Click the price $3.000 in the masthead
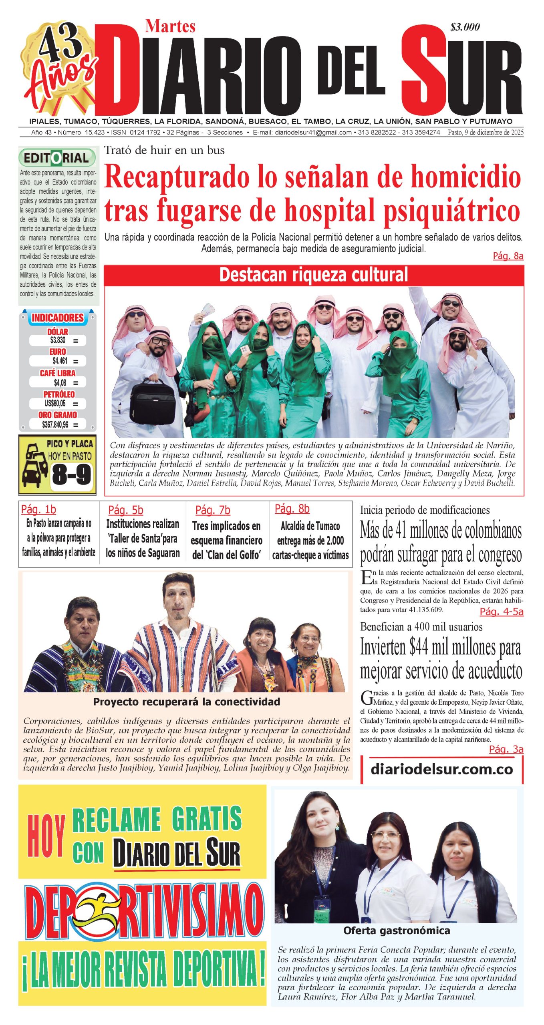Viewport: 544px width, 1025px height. pyautogui.click(x=465, y=27)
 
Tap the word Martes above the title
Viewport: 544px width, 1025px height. pyautogui.click(x=170, y=26)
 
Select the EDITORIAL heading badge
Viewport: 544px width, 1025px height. pyautogui.click(x=57, y=158)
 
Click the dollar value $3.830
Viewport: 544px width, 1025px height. pyautogui.click(x=58, y=340)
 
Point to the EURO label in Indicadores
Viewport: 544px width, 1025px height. pyautogui.click(x=58, y=352)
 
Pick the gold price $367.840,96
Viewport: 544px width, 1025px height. pyautogui.click(x=55, y=424)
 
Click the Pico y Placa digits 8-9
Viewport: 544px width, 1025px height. pyautogui.click(x=71, y=475)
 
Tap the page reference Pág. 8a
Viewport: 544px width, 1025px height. pyautogui.click(x=508, y=256)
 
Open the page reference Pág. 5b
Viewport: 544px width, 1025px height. pyautogui.click(x=125, y=510)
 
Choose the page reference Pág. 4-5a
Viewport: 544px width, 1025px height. pyautogui.click(x=501, y=611)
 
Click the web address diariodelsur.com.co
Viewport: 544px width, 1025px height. pyautogui.click(x=441, y=769)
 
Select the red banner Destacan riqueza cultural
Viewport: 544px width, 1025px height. pyautogui.click(x=314, y=275)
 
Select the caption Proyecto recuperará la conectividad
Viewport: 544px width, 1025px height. pyautogui.click(x=186, y=702)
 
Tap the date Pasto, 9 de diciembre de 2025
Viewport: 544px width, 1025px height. pyautogui.click(x=485, y=133)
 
